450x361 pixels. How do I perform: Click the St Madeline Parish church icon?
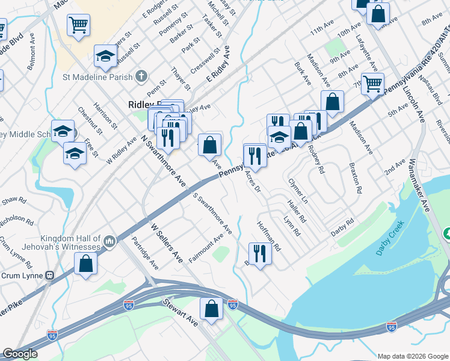pos(141,76)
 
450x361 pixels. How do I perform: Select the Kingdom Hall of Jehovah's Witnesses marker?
pos(109,242)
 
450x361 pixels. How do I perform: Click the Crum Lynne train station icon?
pos(51,276)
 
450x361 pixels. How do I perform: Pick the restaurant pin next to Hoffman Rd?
pos(260,253)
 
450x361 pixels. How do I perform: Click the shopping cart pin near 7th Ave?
pos(372,84)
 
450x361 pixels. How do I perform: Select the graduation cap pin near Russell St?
pos(105,56)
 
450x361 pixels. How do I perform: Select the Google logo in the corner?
pos(20,354)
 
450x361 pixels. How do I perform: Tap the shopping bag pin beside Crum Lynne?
pos(85,264)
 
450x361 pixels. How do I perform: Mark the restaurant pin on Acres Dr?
pos(254,156)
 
